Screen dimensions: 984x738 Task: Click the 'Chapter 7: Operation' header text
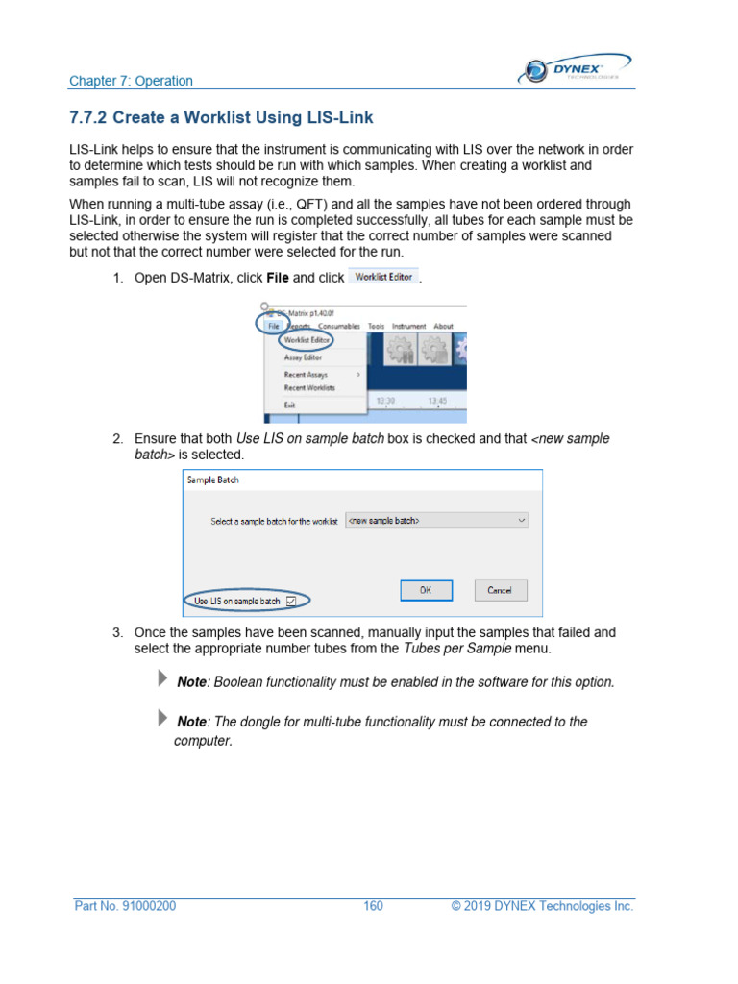[x=131, y=82]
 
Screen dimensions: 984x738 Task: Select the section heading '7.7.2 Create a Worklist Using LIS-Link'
[x=221, y=118]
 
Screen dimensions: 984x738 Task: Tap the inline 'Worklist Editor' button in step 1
[x=382, y=278]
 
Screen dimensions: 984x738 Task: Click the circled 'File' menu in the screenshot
[x=274, y=326]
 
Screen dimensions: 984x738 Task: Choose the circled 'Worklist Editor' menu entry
[x=307, y=340]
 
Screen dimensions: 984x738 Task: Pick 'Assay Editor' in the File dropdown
[x=303, y=357]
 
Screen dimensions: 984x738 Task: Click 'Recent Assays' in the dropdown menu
[x=306, y=374]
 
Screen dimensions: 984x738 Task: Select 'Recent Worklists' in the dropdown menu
[x=309, y=387]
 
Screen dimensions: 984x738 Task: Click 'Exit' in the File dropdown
[x=289, y=405]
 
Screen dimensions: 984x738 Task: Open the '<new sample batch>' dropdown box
[x=436, y=520]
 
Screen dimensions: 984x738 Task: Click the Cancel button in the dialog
[x=500, y=590]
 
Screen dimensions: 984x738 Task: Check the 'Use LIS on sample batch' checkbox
[x=291, y=602]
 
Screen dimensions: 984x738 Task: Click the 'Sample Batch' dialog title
[x=213, y=480]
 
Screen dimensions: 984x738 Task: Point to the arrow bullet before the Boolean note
[x=161, y=679]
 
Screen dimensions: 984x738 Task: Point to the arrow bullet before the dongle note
[x=161, y=719]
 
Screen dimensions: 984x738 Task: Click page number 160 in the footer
[x=373, y=906]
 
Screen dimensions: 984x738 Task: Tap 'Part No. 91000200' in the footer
[x=125, y=906]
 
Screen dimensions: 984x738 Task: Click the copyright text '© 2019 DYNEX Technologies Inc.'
[x=542, y=906]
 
